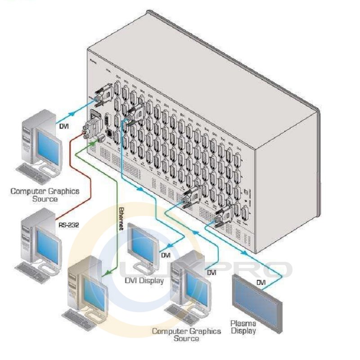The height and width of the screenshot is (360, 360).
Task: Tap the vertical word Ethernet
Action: tap(120, 219)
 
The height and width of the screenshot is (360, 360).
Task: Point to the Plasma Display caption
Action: tap(243, 327)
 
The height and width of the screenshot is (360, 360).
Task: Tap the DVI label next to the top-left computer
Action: tap(64, 126)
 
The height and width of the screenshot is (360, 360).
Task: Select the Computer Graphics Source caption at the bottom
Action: tap(186, 334)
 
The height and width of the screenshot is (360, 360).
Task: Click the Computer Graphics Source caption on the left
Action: tap(45, 195)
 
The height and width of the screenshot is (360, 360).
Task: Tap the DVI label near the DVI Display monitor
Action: tap(166, 255)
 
